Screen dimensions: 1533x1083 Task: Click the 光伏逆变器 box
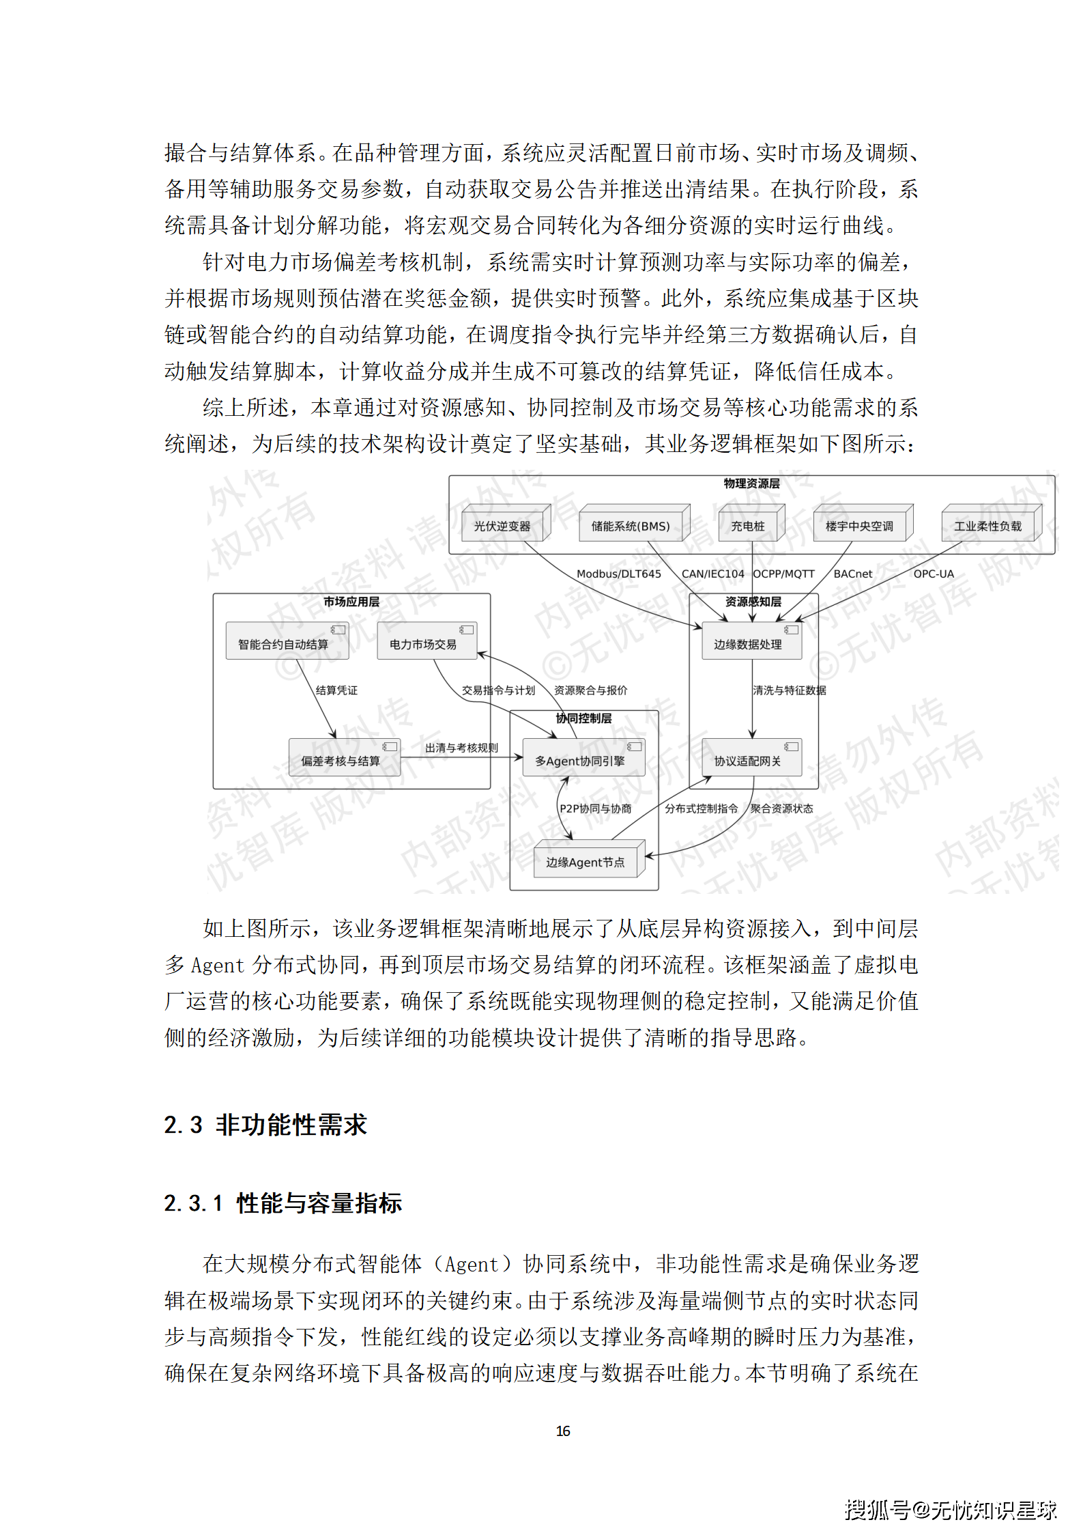pyautogui.click(x=502, y=526)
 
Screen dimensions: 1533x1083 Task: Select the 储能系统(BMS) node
pyautogui.click(x=631, y=526)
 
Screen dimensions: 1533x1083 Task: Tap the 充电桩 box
pyautogui.click(x=748, y=526)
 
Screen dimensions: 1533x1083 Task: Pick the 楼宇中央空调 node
pyautogui.click(x=859, y=526)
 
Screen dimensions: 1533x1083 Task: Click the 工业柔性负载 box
pyautogui.click(x=987, y=526)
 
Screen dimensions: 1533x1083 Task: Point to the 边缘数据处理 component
pyautogui.click(x=748, y=644)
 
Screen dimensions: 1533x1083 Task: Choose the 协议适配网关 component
pyautogui.click(x=748, y=761)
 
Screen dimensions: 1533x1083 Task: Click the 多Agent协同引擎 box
pyautogui.click(x=580, y=761)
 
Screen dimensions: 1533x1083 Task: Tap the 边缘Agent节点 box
pyautogui.click(x=586, y=862)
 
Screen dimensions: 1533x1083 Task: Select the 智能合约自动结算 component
pyautogui.click(x=283, y=644)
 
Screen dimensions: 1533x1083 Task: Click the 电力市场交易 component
pyautogui.click(x=423, y=644)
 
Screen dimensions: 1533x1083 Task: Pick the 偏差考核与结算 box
pyautogui.click(x=341, y=761)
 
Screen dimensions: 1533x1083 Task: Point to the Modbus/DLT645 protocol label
pyautogui.click(x=619, y=574)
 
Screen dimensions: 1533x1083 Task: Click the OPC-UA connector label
pyautogui.click(x=934, y=574)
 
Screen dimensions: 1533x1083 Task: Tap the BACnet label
pyautogui.click(x=853, y=574)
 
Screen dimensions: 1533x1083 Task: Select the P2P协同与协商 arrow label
pyautogui.click(x=596, y=808)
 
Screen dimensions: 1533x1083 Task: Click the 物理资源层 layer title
pyautogui.click(x=751, y=483)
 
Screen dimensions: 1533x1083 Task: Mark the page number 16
pyautogui.click(x=563, y=1431)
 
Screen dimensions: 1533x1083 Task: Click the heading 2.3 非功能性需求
pyautogui.click(x=265, y=1125)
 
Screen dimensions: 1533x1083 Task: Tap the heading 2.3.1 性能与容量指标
pyautogui.click(x=283, y=1203)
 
